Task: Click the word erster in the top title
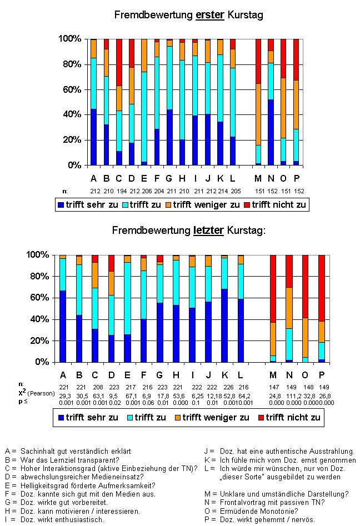point(209,15)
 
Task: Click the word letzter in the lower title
point(208,231)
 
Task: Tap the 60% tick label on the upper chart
point(72,89)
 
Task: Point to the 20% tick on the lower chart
point(39,340)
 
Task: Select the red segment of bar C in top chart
point(119,62)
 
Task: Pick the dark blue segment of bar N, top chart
point(271,133)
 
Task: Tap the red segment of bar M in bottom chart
point(273,289)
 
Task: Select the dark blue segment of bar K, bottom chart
point(224,325)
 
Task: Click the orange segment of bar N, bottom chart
point(289,308)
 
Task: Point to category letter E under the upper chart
point(144,178)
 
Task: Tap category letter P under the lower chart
point(322,375)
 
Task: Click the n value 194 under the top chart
point(122,191)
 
